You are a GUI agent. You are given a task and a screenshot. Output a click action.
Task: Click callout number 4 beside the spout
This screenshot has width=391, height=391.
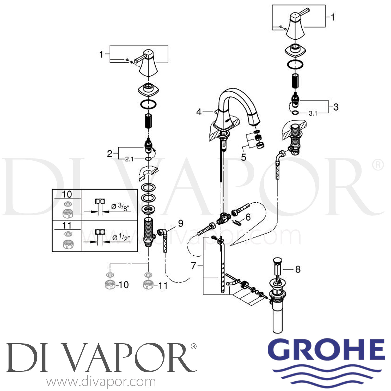[x=199, y=112]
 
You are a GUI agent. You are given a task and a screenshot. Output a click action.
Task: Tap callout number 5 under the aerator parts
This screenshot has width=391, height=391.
[x=243, y=157]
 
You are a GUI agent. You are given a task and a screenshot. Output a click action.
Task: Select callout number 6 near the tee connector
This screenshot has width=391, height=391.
[x=248, y=217]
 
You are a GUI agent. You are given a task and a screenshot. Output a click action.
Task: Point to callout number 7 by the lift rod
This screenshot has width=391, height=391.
[x=193, y=266]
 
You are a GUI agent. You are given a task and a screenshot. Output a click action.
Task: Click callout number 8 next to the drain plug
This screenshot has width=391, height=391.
[x=298, y=269]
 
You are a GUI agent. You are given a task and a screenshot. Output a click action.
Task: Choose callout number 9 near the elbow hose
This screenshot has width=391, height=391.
[x=180, y=223]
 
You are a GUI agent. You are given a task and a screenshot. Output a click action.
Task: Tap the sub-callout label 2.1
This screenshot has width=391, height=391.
[x=129, y=159]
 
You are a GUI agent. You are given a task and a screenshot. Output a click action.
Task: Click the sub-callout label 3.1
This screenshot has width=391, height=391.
[x=313, y=113]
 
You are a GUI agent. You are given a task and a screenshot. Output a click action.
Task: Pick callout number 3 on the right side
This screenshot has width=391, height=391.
[x=336, y=107]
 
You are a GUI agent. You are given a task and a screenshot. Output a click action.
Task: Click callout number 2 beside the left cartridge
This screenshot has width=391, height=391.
[x=110, y=153]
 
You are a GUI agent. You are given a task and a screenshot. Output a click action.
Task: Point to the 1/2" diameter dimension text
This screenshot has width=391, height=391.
[x=121, y=238]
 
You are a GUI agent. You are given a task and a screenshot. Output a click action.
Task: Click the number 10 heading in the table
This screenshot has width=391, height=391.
[x=67, y=194]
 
